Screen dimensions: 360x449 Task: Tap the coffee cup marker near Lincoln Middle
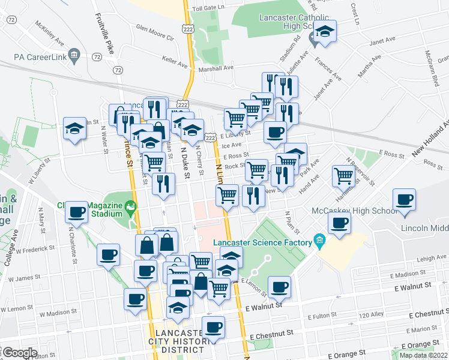pyautogui.click(x=404, y=200)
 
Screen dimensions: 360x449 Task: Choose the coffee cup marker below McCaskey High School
pyautogui.click(x=339, y=224)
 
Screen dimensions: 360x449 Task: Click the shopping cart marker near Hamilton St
pyautogui.click(x=343, y=176)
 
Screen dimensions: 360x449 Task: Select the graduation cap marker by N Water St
pyautogui.click(x=74, y=128)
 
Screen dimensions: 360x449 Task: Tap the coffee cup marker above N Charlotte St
pyautogui.click(x=77, y=212)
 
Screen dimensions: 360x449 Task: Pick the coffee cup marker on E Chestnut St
pyautogui.click(x=213, y=328)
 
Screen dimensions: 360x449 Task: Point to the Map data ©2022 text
pyautogui.click(x=423, y=355)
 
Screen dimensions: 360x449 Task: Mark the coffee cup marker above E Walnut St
pyautogui.click(x=279, y=287)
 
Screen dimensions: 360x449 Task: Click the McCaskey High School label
pyautogui.click(x=354, y=211)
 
